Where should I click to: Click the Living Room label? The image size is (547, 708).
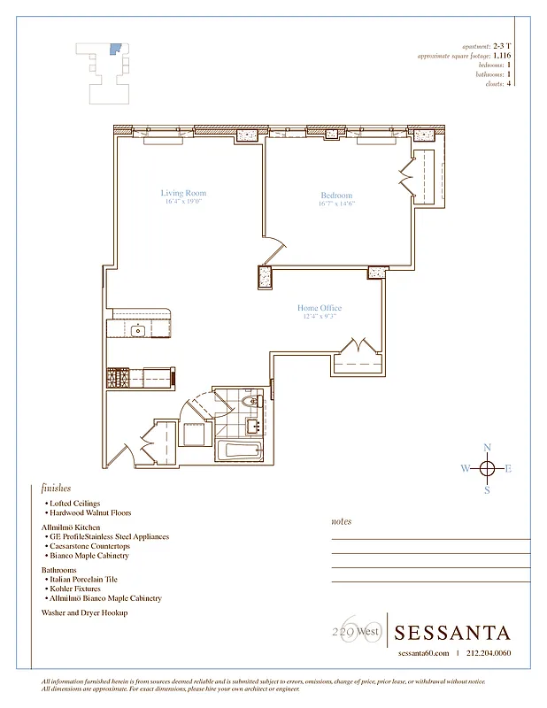click(183, 193)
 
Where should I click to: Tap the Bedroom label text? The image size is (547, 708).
click(336, 196)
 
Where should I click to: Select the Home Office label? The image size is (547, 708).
click(319, 308)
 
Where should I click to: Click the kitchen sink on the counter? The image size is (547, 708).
click(138, 331)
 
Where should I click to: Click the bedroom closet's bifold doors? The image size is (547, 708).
click(407, 177)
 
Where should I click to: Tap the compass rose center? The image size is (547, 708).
click(486, 469)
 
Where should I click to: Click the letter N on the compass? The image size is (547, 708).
click(486, 448)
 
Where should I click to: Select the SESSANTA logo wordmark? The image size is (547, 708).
click(452, 633)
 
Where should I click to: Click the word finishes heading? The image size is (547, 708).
click(56, 488)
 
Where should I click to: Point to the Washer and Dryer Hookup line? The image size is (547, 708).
click(84, 612)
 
